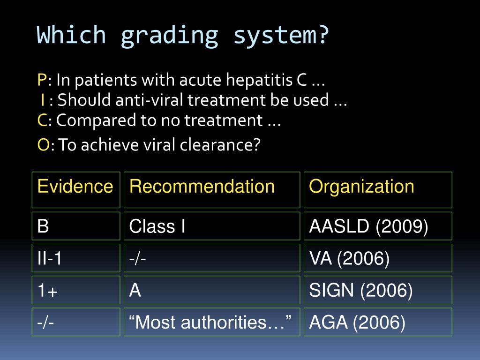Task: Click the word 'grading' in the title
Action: [169, 36]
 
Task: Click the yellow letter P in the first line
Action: [42, 81]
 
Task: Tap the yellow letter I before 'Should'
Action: [43, 100]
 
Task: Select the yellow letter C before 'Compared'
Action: [42, 120]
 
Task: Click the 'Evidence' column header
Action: [75, 187]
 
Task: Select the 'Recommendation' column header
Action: [202, 187]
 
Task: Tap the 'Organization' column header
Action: [361, 187]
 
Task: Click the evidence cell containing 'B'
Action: [75, 226]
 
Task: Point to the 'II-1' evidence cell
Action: [75, 258]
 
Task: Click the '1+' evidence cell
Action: [75, 291]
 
